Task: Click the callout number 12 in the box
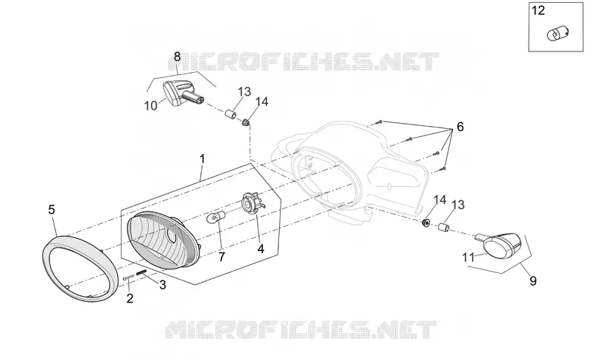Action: click(538, 10)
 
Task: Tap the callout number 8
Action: click(177, 57)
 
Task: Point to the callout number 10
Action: click(151, 106)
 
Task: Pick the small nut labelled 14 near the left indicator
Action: click(246, 122)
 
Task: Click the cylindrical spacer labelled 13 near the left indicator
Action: click(231, 113)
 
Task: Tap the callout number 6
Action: click(460, 127)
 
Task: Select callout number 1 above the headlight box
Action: click(202, 159)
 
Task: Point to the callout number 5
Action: click(52, 209)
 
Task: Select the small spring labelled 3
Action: click(141, 273)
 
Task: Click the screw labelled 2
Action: click(128, 278)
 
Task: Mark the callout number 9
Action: click(533, 280)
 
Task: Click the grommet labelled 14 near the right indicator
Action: click(426, 223)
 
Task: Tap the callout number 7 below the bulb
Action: click(222, 258)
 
